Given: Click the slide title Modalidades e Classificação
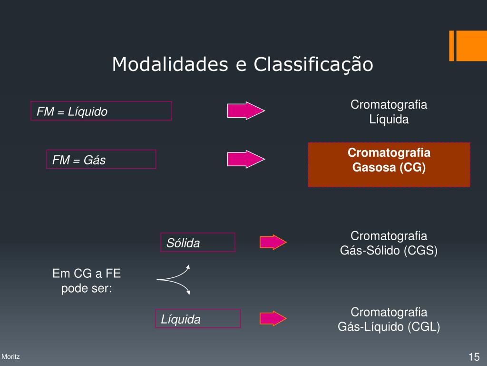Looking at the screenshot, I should [243, 64].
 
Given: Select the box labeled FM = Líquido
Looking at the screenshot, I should [101, 111].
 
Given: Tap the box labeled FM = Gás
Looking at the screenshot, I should [101, 160].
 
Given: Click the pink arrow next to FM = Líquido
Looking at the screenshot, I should [245, 111].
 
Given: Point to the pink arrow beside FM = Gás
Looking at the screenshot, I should [245, 159].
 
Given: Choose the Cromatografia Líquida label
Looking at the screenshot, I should [389, 112].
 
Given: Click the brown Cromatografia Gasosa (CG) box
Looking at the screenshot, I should [389, 164].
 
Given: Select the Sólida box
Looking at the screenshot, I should [198, 243].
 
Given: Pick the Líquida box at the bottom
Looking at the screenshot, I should [198, 319].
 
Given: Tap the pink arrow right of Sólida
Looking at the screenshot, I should [273, 242].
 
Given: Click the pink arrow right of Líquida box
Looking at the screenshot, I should [273, 318].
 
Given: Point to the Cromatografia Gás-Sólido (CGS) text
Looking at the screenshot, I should [389, 243].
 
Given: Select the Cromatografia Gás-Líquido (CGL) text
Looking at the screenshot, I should [389, 319].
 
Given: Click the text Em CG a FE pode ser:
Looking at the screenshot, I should [87, 281].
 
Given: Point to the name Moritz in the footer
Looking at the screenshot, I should [10, 356].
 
